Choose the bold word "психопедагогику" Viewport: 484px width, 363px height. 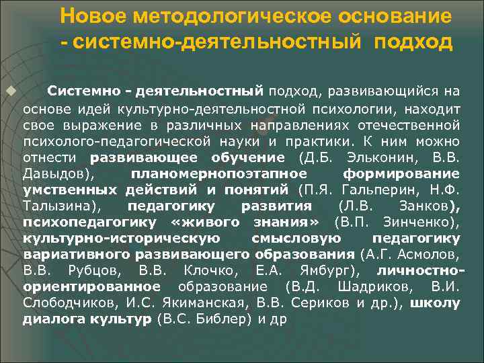(89, 221)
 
